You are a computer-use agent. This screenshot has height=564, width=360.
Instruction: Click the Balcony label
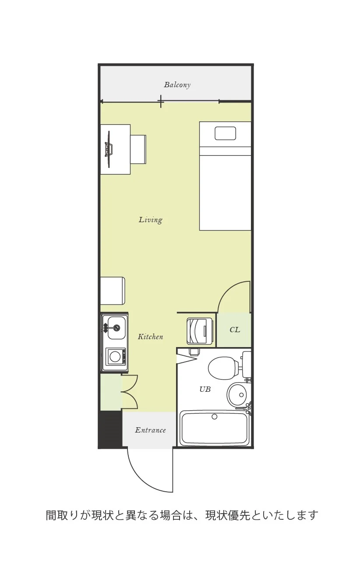(x=177, y=85)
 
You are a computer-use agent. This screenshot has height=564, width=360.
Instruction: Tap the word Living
(x=151, y=220)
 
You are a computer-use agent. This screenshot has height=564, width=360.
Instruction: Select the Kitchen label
(x=150, y=337)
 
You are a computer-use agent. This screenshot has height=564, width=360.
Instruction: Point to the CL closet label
(x=234, y=330)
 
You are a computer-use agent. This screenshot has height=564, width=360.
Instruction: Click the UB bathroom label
(x=205, y=390)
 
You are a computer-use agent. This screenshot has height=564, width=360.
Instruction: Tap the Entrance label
(x=150, y=430)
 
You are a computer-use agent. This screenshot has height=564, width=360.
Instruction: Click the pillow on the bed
(x=225, y=133)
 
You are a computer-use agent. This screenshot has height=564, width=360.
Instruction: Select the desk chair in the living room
(x=138, y=149)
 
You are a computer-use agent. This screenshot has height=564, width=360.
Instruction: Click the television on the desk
(x=109, y=149)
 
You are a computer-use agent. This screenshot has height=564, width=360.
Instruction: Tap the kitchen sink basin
(x=116, y=327)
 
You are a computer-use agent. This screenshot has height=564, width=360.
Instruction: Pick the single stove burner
(x=116, y=357)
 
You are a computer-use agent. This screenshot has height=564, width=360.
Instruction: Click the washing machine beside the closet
(x=200, y=331)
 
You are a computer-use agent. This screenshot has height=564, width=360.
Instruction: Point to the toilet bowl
(x=224, y=368)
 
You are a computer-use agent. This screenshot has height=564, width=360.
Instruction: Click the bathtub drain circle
(x=214, y=417)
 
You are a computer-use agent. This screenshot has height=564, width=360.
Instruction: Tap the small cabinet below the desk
(x=113, y=291)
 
